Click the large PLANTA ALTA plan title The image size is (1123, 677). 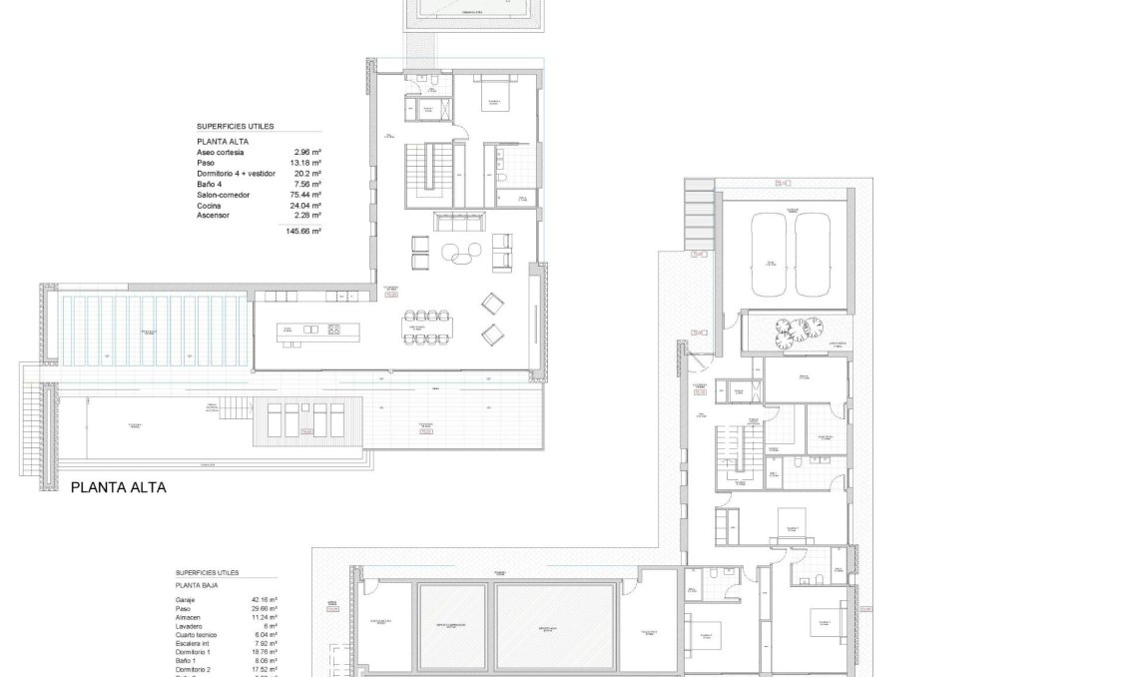tap(118, 488)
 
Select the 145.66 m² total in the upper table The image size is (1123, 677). tap(302, 231)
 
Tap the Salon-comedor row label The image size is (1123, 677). tap(223, 195)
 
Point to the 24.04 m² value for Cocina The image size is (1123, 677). tap(306, 206)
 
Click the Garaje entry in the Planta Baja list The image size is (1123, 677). tap(186, 600)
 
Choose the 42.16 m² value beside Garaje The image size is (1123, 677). tap(265, 600)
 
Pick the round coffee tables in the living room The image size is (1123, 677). tap(459, 252)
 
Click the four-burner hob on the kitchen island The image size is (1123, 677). tap(333, 329)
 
